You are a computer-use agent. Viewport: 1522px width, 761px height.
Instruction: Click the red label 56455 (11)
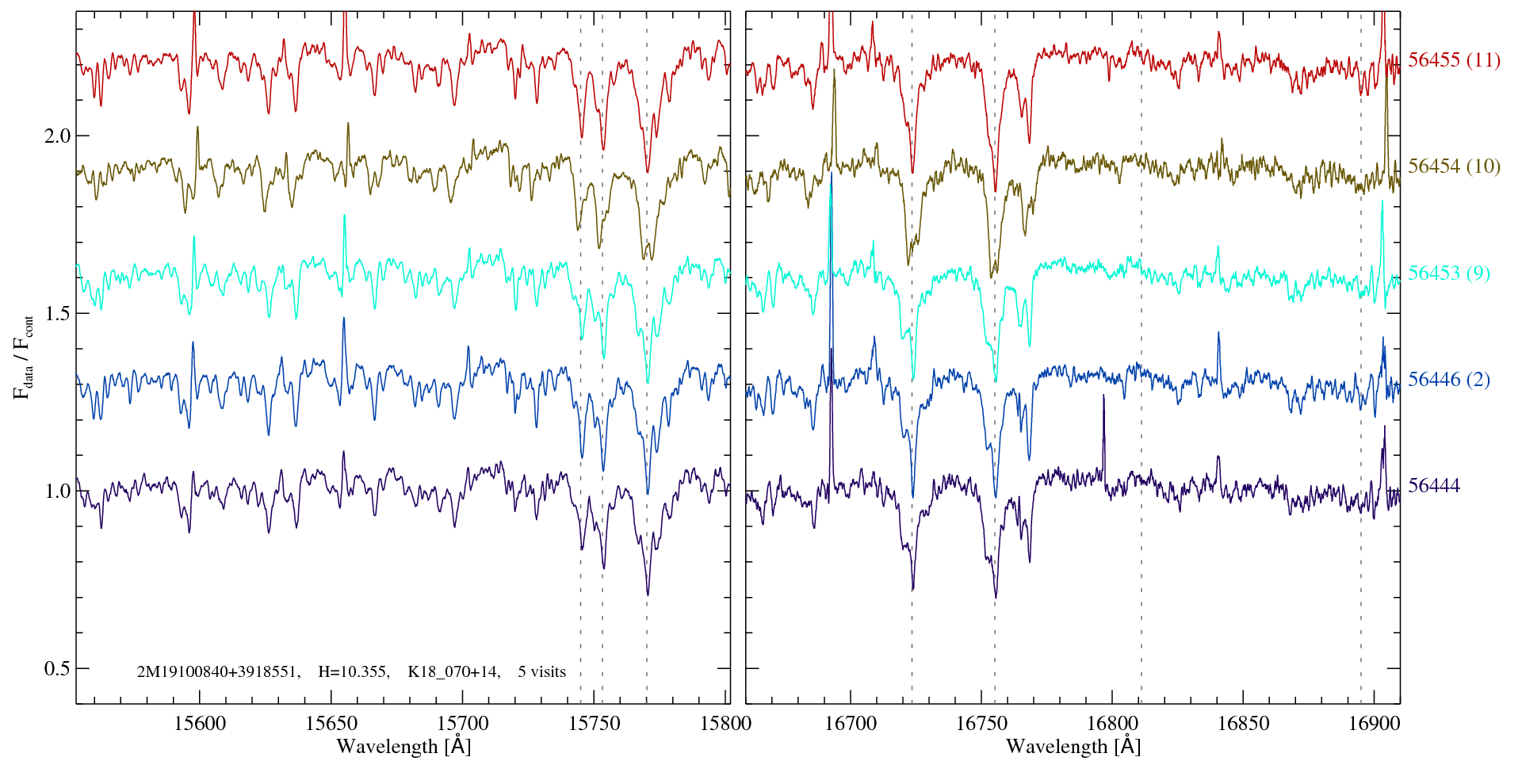coord(1454,60)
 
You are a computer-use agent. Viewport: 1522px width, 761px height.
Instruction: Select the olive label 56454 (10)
coord(1454,166)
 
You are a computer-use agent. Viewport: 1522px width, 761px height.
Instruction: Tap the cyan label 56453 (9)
coord(1448,273)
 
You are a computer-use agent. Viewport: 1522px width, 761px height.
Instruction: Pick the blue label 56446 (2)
coord(1448,380)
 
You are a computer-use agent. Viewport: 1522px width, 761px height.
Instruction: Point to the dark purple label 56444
coord(1433,486)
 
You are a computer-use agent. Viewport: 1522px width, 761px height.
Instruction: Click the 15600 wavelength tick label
coord(199,723)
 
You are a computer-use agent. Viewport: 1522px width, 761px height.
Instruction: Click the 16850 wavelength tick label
coord(1242,723)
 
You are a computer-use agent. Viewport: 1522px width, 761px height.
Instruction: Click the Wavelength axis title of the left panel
coord(403,746)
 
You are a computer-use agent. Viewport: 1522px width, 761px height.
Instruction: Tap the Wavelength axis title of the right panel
coord(1073,746)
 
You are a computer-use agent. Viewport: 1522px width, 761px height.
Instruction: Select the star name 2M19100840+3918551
coord(218,672)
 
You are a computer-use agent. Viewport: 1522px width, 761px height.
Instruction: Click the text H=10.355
coord(353,672)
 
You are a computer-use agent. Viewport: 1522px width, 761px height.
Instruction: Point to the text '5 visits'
coord(541,672)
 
